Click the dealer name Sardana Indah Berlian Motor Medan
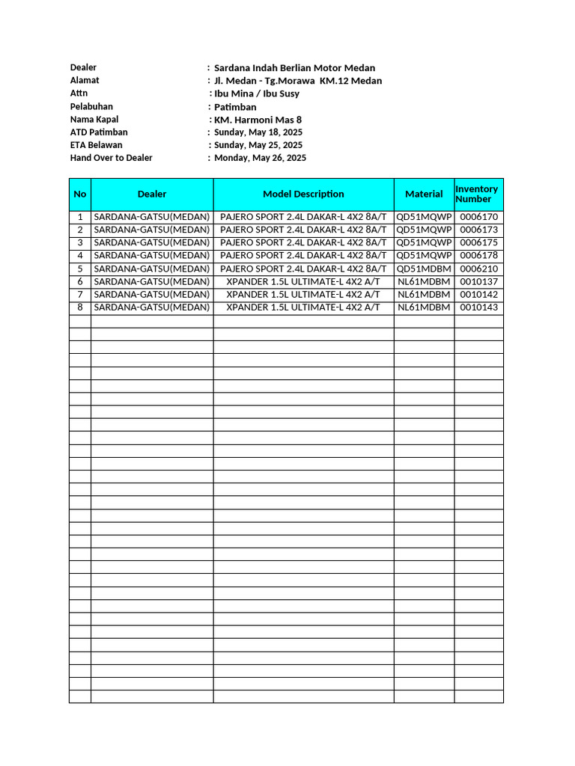(294, 67)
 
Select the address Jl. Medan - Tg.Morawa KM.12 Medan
(297, 81)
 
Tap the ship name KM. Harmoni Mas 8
(258, 119)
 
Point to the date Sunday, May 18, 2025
(258, 132)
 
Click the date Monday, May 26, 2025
(260, 158)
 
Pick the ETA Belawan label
(96, 145)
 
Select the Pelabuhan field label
(91, 106)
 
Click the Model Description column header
(303, 194)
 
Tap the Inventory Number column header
(478, 194)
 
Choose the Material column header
(424, 194)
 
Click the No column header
(80, 194)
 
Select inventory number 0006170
(478, 217)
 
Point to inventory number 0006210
(478, 269)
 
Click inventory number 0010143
(478, 307)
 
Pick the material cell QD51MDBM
(424, 269)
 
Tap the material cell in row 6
(424, 281)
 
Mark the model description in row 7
(303, 295)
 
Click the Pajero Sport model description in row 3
(303, 242)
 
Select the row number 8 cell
(80, 307)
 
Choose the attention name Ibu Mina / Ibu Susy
(257, 94)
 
